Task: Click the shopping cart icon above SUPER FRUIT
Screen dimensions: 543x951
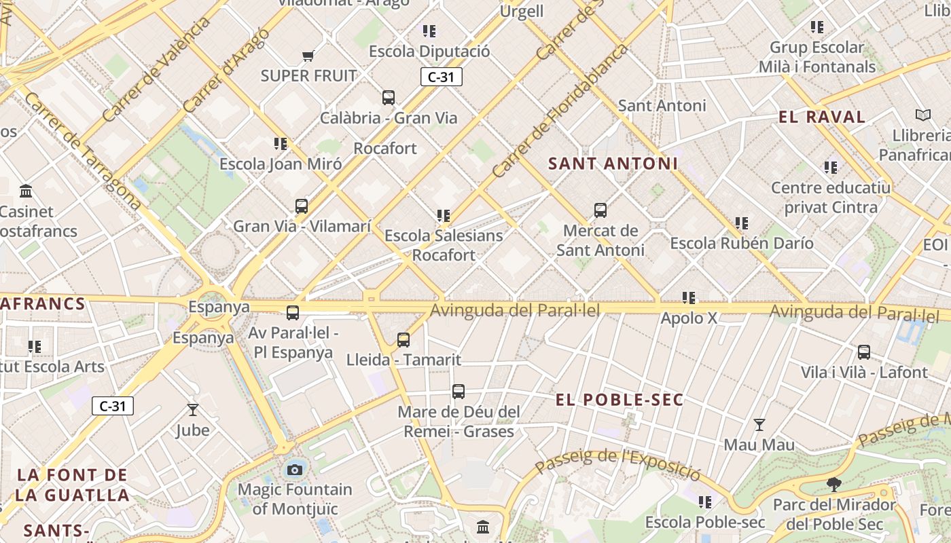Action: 308,56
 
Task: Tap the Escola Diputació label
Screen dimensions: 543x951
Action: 429,52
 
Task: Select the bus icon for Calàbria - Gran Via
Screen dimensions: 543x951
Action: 389,98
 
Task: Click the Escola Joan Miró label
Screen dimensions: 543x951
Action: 280,164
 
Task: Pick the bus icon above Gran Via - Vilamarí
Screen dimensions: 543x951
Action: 302,206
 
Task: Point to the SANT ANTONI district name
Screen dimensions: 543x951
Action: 613,164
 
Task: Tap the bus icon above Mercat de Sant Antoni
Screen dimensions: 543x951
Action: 600,210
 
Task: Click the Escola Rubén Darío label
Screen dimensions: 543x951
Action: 741,243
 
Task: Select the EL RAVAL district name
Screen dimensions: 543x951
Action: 822,117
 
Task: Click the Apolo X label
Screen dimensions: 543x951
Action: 689,318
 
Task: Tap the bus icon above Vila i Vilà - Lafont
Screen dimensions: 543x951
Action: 864,352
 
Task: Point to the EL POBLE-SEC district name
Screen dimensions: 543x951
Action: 620,400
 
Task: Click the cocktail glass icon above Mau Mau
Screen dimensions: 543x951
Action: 759,425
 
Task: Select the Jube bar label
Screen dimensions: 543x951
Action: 193,430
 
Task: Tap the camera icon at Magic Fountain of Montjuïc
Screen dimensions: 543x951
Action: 295,470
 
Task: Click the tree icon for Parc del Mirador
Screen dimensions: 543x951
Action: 834,485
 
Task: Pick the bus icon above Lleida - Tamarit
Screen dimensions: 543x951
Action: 403,340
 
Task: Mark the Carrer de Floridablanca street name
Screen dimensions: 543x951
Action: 560,111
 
